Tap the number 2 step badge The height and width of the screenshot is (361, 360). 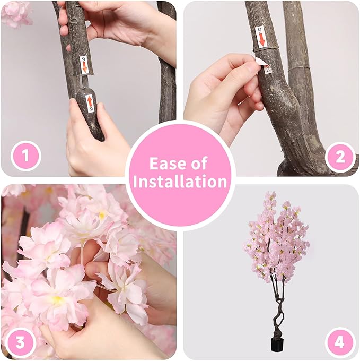(x=340, y=157)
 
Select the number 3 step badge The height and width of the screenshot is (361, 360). (x=21, y=342)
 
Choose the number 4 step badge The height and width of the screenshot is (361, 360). (x=340, y=342)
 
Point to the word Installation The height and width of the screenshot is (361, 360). (x=180, y=182)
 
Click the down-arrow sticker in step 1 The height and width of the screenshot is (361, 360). (x=84, y=65)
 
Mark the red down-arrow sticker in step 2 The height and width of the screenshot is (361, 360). (x=260, y=36)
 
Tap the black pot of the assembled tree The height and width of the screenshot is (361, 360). (x=276, y=345)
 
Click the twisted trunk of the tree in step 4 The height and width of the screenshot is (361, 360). (x=277, y=313)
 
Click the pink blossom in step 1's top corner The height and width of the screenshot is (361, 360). (x=16, y=13)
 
